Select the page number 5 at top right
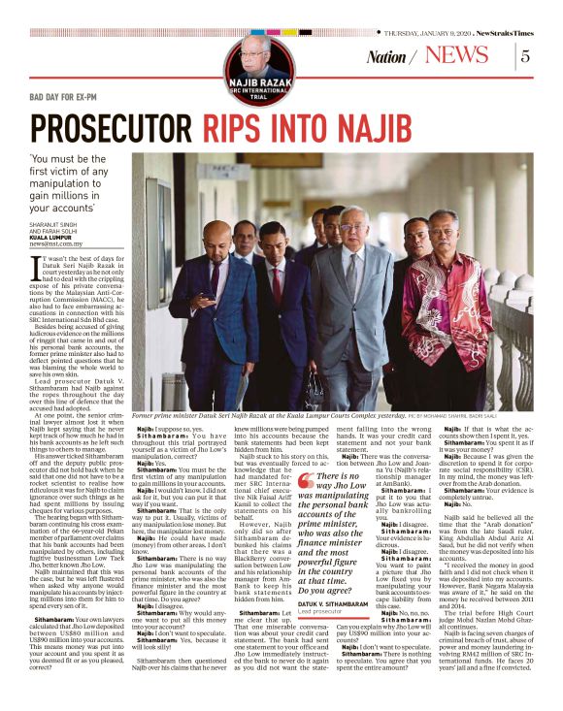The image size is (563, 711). [x=525, y=55]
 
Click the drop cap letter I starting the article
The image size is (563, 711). [x=38, y=269]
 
